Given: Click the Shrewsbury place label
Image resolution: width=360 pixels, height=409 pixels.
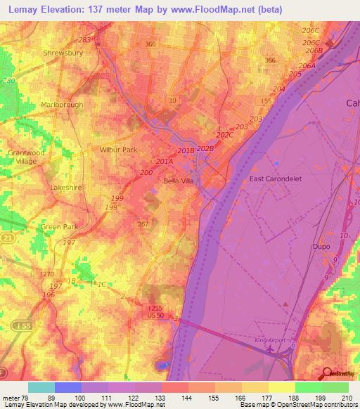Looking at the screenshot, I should tap(63, 53).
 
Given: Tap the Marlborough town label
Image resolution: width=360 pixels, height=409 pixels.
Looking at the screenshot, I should tap(62, 105).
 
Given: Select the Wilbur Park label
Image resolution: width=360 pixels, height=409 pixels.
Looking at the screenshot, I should tap(118, 150).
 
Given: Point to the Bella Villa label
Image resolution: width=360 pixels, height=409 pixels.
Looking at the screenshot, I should tap(178, 181).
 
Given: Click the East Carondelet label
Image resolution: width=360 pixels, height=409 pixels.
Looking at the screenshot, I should tap(276, 178).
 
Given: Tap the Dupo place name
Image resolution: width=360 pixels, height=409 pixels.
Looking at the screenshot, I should tap(321, 247).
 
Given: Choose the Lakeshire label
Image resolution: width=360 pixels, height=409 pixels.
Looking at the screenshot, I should tap(67, 188).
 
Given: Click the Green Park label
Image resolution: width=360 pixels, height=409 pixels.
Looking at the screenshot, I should tap(59, 227).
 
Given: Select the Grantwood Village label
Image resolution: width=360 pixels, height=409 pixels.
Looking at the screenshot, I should tap(26, 157).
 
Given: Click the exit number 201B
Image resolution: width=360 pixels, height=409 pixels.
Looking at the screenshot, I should tap(186, 151).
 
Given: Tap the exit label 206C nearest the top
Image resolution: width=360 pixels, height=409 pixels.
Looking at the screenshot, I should tap(310, 31).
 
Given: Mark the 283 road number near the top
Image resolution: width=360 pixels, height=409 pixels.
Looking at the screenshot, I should tap(86, 40).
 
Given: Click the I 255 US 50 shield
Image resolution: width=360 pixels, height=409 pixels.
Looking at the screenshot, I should tap(155, 311).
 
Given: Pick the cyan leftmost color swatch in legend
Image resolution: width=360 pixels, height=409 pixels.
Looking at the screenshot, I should tap(41, 387).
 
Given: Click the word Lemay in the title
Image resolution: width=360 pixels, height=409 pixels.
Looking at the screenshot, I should tap(26, 8).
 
